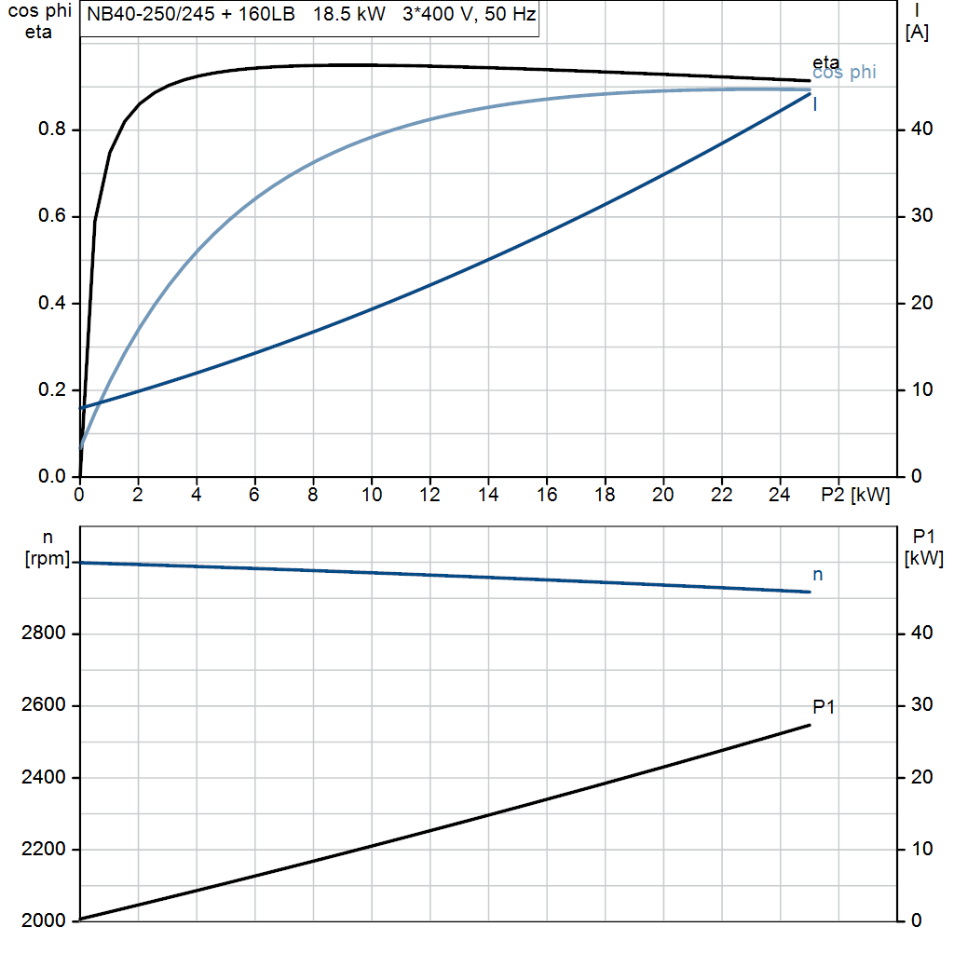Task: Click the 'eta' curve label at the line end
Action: [x=825, y=62]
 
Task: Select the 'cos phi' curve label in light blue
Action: [x=844, y=73]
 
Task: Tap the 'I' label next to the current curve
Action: [x=816, y=104]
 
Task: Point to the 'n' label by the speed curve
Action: [x=818, y=575]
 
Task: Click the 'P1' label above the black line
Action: [x=824, y=707]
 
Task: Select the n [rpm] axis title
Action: [x=48, y=548]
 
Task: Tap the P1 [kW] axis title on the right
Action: [x=923, y=548]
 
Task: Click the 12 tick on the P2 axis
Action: [x=429, y=496]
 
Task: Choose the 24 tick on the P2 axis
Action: [x=780, y=496]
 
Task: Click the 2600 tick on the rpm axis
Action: [x=43, y=706]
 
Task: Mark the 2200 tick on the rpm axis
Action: [x=43, y=850]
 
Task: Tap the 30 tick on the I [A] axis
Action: [x=919, y=216]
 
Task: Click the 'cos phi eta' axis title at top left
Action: [x=38, y=22]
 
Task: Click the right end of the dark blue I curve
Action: [x=809, y=94]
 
